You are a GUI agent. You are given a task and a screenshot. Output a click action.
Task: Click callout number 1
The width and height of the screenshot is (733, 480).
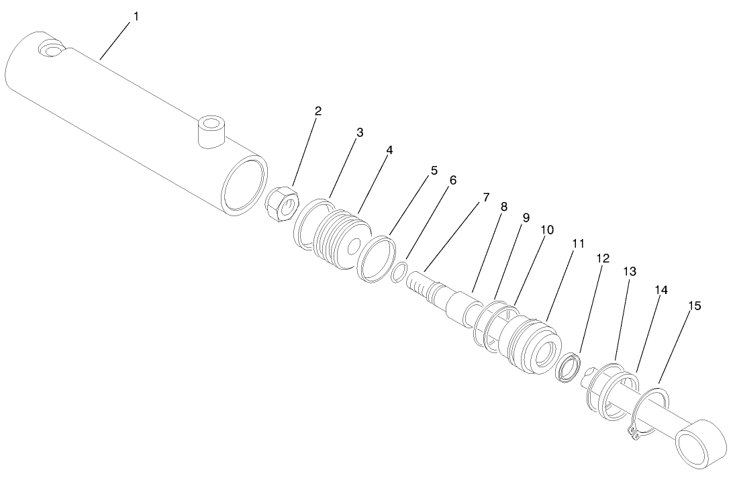(x=136, y=15)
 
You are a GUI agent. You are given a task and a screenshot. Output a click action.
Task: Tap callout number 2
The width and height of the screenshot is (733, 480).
(x=317, y=111)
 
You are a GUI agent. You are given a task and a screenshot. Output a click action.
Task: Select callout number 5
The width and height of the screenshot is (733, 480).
(x=434, y=171)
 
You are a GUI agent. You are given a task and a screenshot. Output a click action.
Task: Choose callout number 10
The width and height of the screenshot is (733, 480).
(x=547, y=230)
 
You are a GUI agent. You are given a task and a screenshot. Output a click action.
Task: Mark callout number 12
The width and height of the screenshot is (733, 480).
(x=602, y=257)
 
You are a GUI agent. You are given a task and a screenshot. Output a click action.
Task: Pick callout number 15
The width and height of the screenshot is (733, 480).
(x=695, y=305)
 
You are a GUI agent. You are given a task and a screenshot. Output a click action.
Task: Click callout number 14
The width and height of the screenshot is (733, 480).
(x=662, y=290)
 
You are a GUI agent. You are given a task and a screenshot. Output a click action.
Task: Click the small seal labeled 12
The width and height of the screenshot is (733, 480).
(x=569, y=369)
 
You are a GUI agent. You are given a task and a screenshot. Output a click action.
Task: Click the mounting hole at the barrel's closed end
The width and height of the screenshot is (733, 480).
(x=50, y=48)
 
